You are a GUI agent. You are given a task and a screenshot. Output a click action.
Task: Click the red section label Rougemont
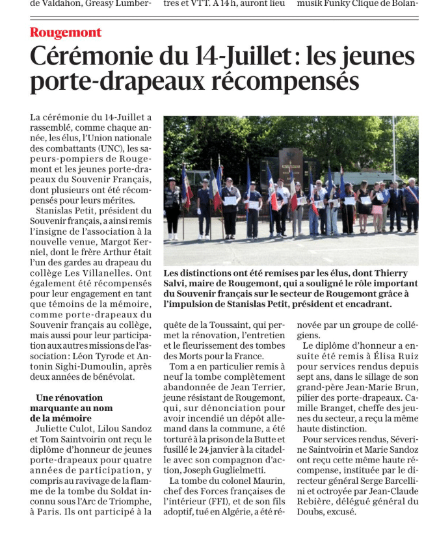point(66,33)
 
